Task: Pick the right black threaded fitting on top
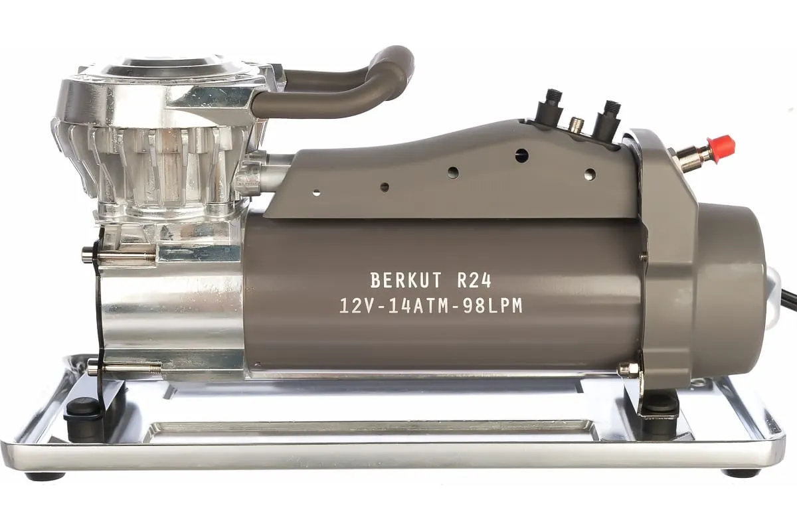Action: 609,115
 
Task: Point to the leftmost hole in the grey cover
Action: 316,193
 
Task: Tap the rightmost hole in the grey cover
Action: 588,174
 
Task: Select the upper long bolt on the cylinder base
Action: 120,254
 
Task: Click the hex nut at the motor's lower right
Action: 628,369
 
